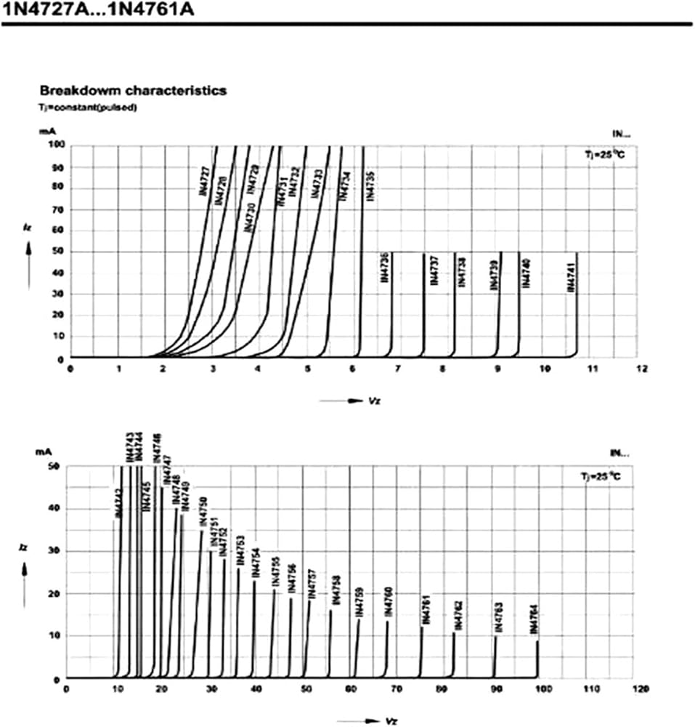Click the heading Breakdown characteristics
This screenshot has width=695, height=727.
[133, 91]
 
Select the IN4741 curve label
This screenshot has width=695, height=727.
[572, 278]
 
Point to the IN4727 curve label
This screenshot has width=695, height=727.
[205, 181]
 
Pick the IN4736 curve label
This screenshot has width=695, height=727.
[384, 266]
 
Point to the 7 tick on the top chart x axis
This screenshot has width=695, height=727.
[397, 369]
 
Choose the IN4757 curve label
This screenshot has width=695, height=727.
[312, 583]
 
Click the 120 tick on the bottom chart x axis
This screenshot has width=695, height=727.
[640, 688]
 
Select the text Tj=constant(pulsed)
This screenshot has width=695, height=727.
[88, 107]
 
